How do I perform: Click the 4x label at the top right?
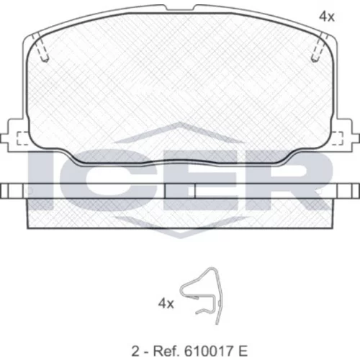pos(327,17)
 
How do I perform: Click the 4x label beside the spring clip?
pos(166,304)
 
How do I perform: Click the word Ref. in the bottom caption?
pos(166,351)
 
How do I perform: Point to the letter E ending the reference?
pos(242,351)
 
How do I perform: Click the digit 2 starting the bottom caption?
pos(135,351)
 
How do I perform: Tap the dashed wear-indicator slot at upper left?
pos(41,48)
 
